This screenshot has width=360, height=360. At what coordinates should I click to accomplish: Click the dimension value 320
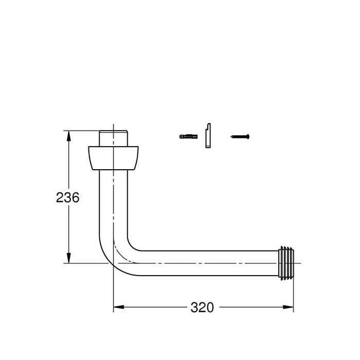tap(202, 308)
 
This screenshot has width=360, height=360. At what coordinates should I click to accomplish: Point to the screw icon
tap(240, 137)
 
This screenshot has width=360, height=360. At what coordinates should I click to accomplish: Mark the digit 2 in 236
tap(60, 197)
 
